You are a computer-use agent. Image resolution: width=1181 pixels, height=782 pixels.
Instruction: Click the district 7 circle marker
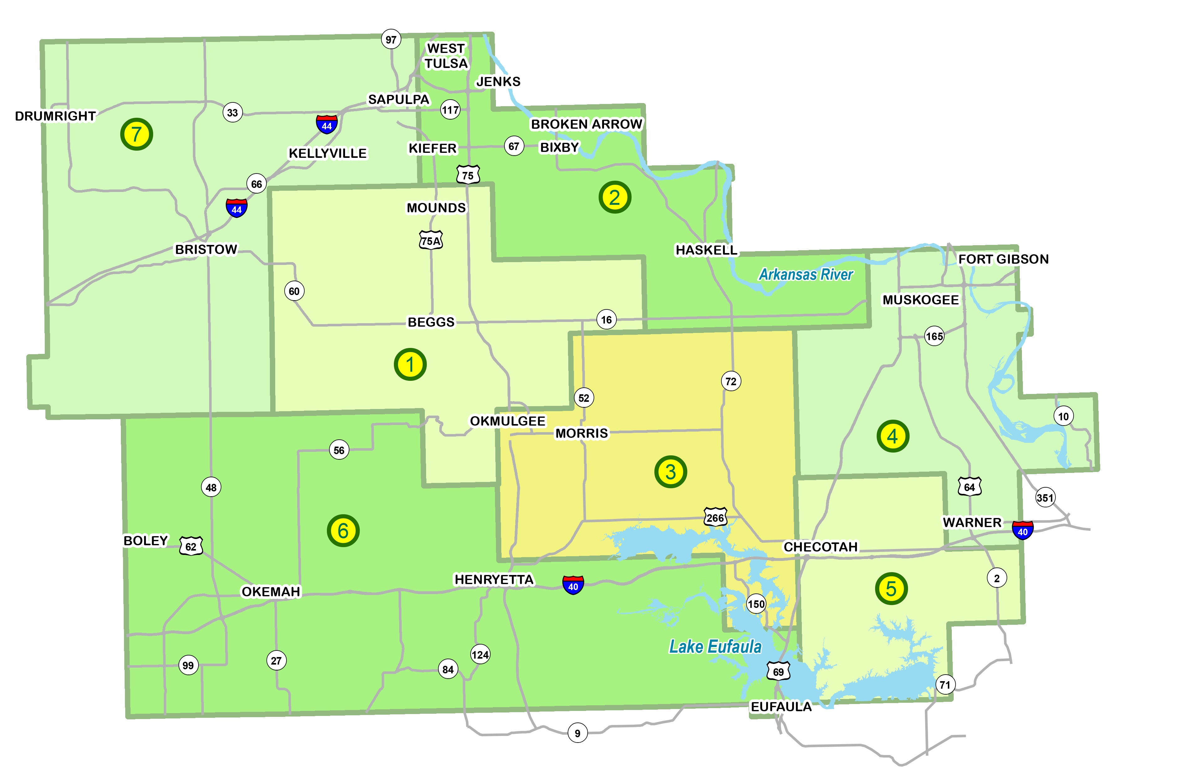point(137,134)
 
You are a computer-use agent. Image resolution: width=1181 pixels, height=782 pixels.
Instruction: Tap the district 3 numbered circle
point(671,471)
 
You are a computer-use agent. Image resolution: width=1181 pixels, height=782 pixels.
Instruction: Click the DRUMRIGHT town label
point(55,116)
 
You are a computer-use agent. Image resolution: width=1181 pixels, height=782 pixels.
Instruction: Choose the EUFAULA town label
point(781,707)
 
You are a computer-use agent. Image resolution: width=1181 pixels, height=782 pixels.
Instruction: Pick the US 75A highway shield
point(431,241)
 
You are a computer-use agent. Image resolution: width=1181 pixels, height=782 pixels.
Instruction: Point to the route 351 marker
point(1045,497)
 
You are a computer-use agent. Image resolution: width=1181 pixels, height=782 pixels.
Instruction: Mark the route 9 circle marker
point(577,733)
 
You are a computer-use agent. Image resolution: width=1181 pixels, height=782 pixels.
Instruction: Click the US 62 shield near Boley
point(191,546)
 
